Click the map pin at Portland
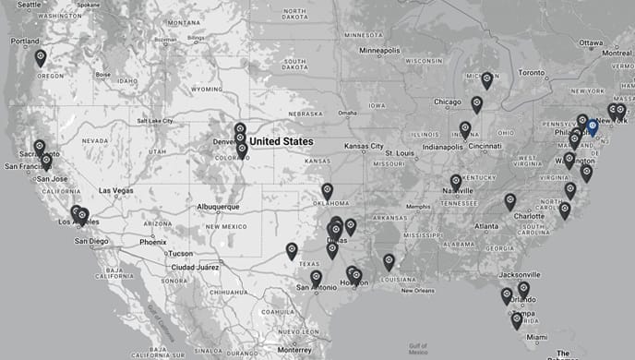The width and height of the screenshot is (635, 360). (41, 57)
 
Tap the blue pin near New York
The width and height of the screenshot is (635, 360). (593, 127)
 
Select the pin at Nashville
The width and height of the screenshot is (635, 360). (455, 181)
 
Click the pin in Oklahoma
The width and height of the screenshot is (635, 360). (327, 190)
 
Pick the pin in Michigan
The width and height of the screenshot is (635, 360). (486, 79)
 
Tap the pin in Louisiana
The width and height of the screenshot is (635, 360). (389, 260)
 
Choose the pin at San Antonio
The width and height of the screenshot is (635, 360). (316, 277)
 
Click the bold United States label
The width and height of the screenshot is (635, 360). (282, 141)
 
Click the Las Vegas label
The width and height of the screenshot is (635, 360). (116, 190)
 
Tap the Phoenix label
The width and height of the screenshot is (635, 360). (153, 242)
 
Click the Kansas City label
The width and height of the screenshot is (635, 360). (364, 146)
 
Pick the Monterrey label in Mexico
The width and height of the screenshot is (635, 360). (294, 351)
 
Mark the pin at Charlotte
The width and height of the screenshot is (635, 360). (509, 199)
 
